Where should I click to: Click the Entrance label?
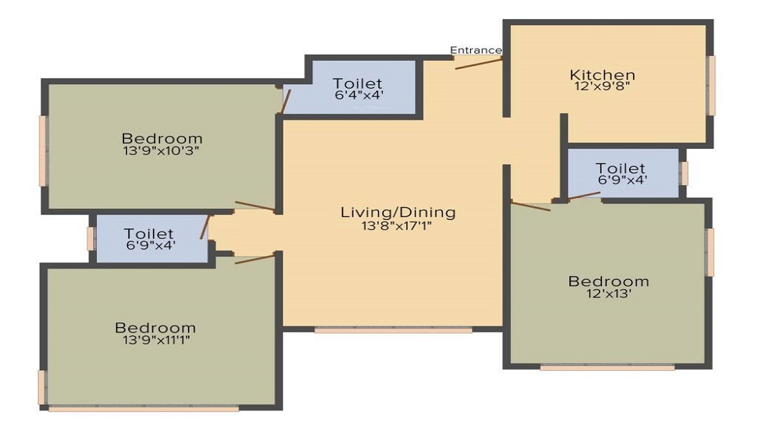(x=476, y=50)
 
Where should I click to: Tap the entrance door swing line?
(x=478, y=64)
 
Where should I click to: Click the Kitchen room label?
(x=603, y=75)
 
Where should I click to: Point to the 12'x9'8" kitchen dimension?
(x=602, y=87)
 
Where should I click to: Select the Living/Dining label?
(x=398, y=212)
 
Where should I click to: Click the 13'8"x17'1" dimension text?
(x=396, y=225)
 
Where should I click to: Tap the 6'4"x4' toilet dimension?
(x=359, y=95)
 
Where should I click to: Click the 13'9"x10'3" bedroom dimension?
(x=161, y=150)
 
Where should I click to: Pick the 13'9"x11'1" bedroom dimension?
(x=156, y=340)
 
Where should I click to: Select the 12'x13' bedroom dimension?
(x=608, y=293)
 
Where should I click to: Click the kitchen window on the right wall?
(x=711, y=86)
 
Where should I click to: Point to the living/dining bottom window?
(x=393, y=330)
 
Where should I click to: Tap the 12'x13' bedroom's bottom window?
(x=607, y=367)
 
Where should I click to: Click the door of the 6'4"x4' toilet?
(x=286, y=101)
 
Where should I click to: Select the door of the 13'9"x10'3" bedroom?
(x=255, y=206)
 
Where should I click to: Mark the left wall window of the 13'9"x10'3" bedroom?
(x=43, y=151)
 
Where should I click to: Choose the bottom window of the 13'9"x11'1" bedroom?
(x=143, y=409)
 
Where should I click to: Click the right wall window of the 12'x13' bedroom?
(x=710, y=253)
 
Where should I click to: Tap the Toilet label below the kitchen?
(x=620, y=168)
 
